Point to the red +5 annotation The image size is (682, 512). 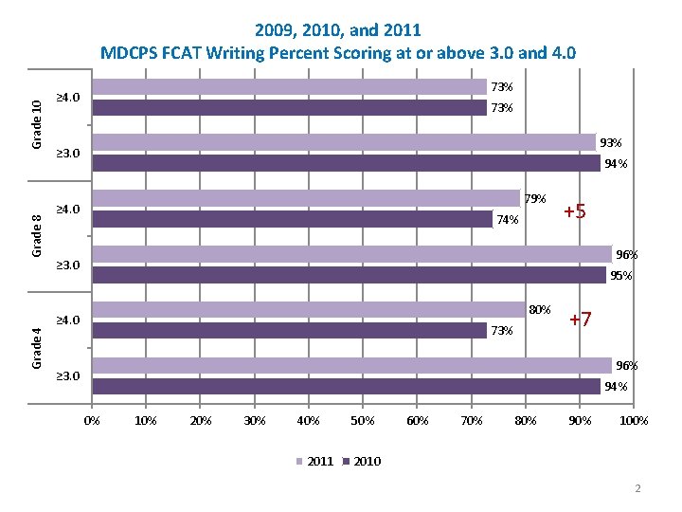575,211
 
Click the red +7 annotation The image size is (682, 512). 581,320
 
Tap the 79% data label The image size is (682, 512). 535,199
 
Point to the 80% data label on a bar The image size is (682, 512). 540,310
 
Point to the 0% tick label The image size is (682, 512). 92,420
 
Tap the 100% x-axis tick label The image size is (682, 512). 634,420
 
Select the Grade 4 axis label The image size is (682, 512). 36,347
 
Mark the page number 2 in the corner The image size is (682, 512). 638,488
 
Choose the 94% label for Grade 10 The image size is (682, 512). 616,164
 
